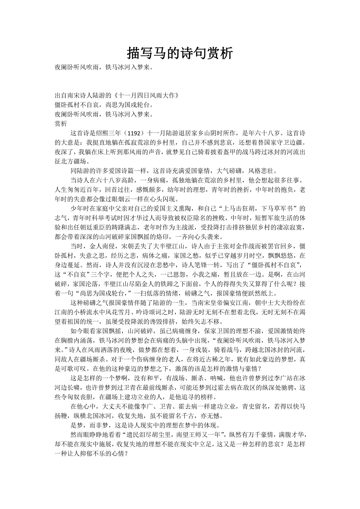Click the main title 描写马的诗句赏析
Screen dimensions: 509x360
coord(180,53)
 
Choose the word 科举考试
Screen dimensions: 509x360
coord(106,217)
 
